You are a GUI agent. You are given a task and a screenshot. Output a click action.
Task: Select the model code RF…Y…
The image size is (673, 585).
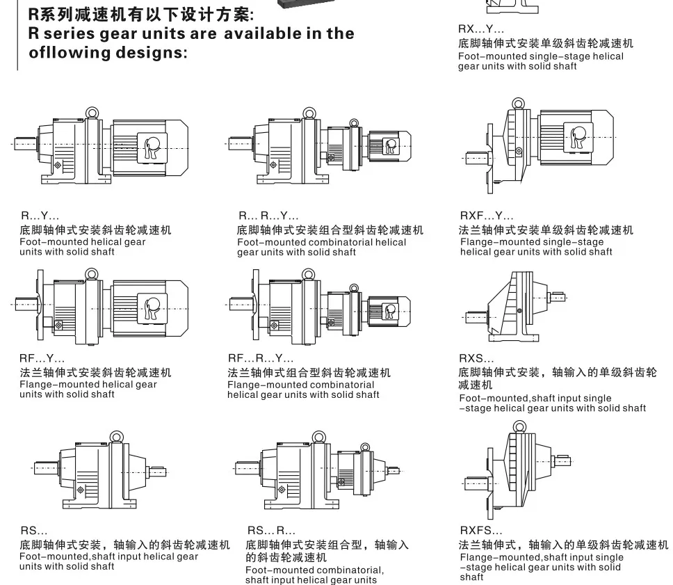pyautogui.click(x=42, y=359)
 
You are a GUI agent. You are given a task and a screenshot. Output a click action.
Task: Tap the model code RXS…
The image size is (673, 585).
pyautogui.click(x=477, y=359)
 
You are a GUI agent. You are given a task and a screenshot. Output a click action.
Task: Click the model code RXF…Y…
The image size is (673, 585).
pyautogui.click(x=487, y=217)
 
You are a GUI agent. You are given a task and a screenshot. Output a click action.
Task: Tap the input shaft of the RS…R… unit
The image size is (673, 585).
pyautogui.click(x=392, y=470)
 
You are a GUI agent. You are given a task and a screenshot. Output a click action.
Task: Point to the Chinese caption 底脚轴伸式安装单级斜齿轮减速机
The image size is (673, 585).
pyautogui.click(x=546, y=43)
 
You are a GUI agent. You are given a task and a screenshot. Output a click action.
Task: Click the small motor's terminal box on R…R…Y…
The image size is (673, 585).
pyautogui.click(x=391, y=145)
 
